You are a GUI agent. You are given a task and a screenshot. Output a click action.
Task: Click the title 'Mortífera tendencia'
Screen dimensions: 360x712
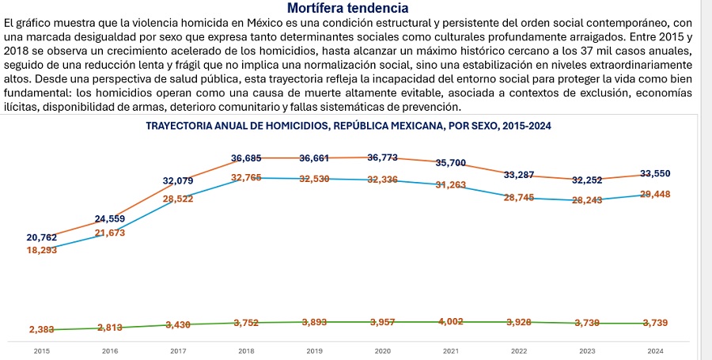348,8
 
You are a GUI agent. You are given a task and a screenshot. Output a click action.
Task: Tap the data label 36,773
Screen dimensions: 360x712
383,158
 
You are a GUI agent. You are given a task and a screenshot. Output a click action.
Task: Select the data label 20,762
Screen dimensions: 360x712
42,237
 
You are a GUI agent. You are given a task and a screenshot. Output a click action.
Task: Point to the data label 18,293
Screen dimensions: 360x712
42,250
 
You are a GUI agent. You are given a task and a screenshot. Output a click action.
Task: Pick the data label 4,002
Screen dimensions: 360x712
451,322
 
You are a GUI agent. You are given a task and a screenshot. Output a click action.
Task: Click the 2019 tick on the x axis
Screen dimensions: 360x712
315,350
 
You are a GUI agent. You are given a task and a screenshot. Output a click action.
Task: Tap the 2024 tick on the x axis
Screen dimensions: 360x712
655,350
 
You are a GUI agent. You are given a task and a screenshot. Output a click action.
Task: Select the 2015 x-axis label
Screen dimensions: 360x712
42,350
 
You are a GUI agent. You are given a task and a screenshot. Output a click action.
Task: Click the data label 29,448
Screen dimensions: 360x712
655,194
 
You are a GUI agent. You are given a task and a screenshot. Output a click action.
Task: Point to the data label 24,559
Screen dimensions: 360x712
110,218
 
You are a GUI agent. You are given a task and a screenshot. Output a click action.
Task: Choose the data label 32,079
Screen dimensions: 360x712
178,181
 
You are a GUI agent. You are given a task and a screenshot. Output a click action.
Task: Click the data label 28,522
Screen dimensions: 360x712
178,199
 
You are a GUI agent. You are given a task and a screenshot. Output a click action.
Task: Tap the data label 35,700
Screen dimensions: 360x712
451,163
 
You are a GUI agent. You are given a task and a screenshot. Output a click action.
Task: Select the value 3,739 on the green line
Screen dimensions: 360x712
655,323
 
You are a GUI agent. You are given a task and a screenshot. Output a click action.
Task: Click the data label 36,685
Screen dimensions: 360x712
246,158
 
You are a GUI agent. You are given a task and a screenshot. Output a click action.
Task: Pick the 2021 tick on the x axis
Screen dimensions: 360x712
451,350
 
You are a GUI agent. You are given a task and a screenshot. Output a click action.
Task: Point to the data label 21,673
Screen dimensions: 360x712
110,233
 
